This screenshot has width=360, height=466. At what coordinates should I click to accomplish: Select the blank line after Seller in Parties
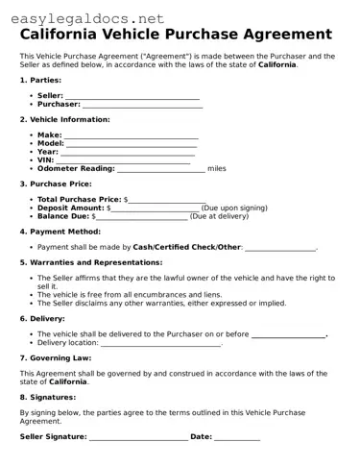[132, 97]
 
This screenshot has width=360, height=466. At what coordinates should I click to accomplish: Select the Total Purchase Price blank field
[159, 199]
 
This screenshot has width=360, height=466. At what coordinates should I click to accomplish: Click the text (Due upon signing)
[235, 208]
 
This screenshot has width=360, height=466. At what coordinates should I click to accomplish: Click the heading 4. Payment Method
[60, 232]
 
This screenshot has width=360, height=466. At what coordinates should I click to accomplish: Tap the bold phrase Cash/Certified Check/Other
[187, 247]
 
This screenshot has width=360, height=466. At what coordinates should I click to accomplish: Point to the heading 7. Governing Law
[55, 357]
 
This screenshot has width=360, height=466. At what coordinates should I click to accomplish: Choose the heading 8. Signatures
[48, 396]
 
